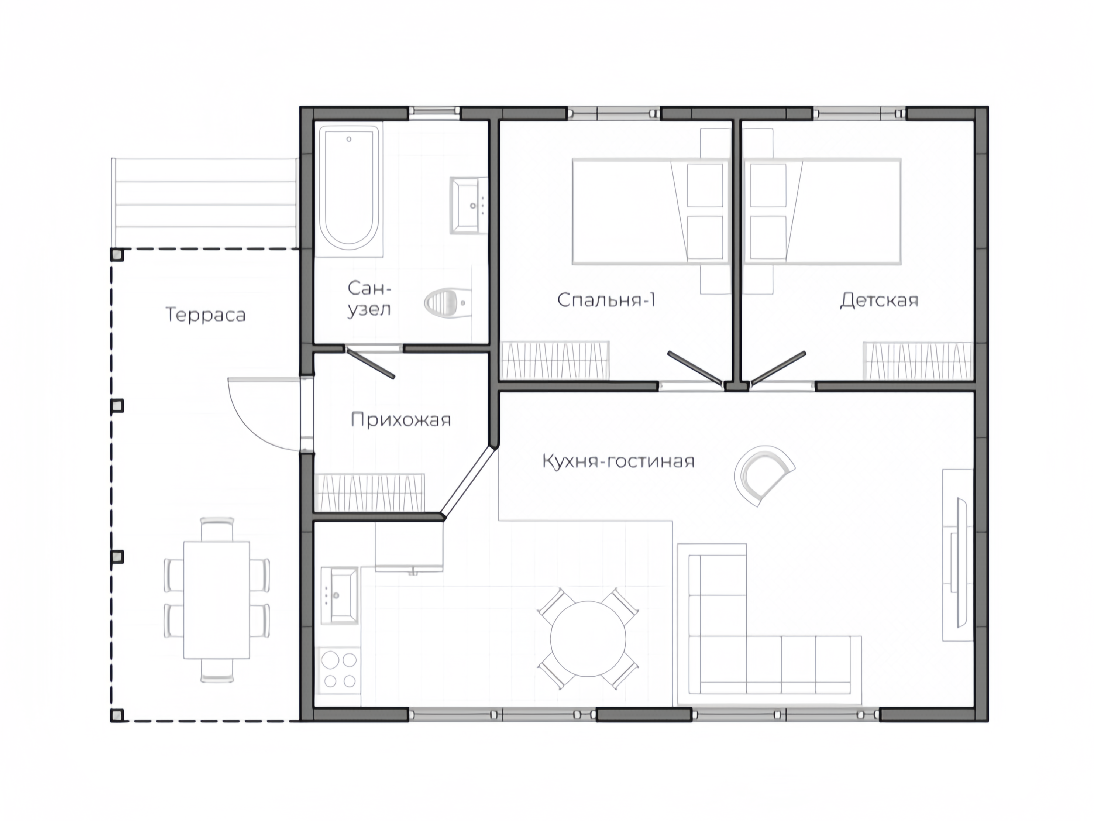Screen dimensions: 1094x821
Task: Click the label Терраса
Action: pos(205,315)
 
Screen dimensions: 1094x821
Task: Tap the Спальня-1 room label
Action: pos(606,300)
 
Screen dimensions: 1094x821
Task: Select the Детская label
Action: pos(879,300)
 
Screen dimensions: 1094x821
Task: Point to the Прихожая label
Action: pos(400,420)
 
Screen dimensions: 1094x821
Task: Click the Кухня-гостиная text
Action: pos(618,461)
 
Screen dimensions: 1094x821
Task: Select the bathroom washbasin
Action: pos(468,205)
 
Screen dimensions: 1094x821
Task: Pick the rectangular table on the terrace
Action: pos(217,600)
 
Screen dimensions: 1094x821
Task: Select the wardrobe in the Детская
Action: pos(918,361)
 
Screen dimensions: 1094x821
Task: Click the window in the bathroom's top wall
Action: pos(434,112)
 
